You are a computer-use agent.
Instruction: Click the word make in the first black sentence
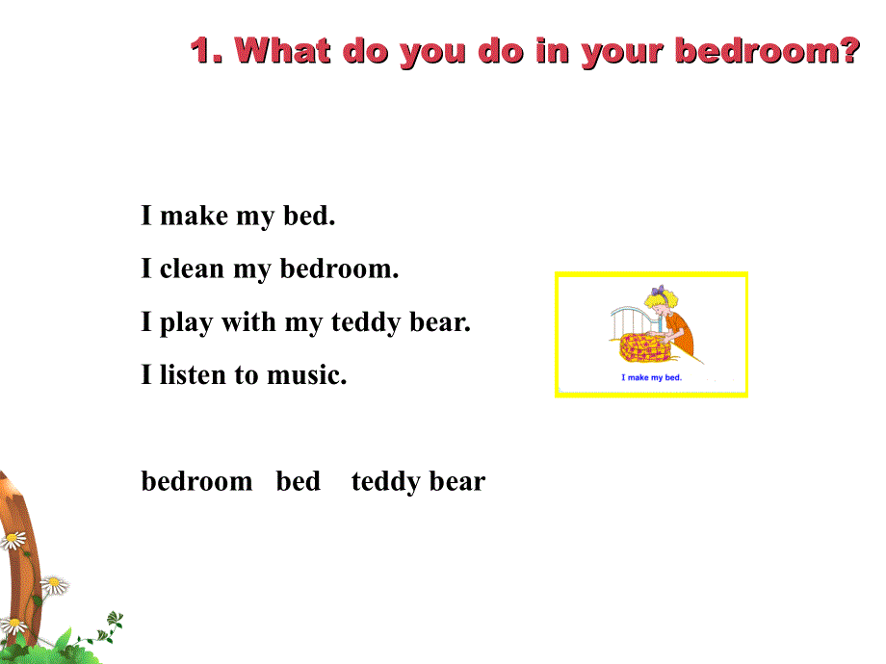pyautogui.click(x=194, y=216)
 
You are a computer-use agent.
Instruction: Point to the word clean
pyautogui.click(x=193, y=268)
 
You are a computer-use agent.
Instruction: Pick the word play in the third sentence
pyautogui.click(x=186, y=322)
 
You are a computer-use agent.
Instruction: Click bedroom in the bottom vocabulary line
pyautogui.click(x=196, y=480)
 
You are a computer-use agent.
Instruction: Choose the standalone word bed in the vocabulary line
pyautogui.click(x=298, y=480)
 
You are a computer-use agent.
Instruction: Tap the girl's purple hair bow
pyautogui.click(x=659, y=290)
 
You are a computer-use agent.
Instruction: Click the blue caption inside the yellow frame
pyautogui.click(x=651, y=378)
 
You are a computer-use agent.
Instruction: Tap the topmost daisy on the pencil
pyautogui.click(x=13, y=540)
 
